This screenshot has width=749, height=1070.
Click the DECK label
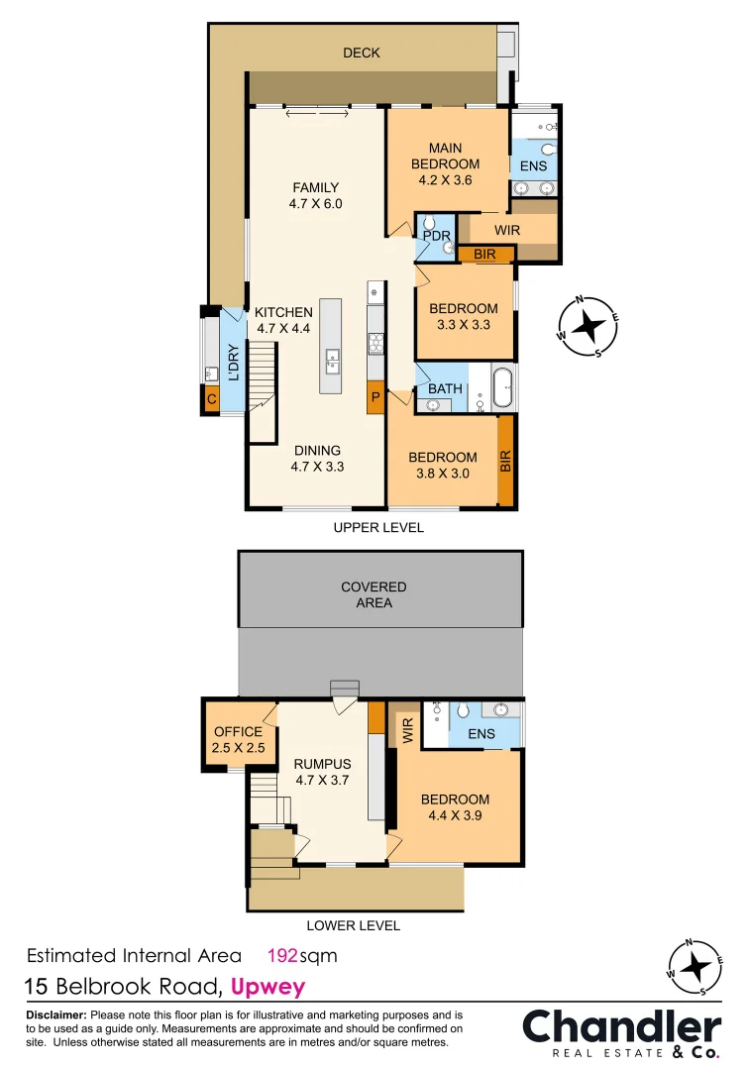[x=362, y=53]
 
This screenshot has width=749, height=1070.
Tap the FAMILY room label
[x=316, y=187]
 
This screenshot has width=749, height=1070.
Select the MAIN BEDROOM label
[x=446, y=156]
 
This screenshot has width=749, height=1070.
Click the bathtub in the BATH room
[x=502, y=387]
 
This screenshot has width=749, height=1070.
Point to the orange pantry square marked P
[x=375, y=396]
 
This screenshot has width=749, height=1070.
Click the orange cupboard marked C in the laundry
[x=211, y=398]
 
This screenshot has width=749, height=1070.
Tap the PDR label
[x=437, y=236]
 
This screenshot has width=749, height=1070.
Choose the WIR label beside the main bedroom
[x=507, y=230]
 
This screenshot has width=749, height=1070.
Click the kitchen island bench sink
[x=332, y=361]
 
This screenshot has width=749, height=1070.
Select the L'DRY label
[x=234, y=362]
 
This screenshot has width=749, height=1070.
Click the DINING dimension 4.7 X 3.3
[x=317, y=467]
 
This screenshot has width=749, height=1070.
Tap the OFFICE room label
[x=238, y=731]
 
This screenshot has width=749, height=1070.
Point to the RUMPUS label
[x=323, y=764]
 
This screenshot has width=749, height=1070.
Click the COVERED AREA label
[x=374, y=594]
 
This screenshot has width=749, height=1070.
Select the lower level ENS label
[x=481, y=733]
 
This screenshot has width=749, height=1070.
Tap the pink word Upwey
[x=268, y=988]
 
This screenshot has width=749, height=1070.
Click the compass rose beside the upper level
[x=588, y=326]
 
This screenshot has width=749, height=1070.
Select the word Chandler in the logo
[x=622, y=1027]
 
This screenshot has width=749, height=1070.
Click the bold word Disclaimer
[x=56, y=1015]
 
